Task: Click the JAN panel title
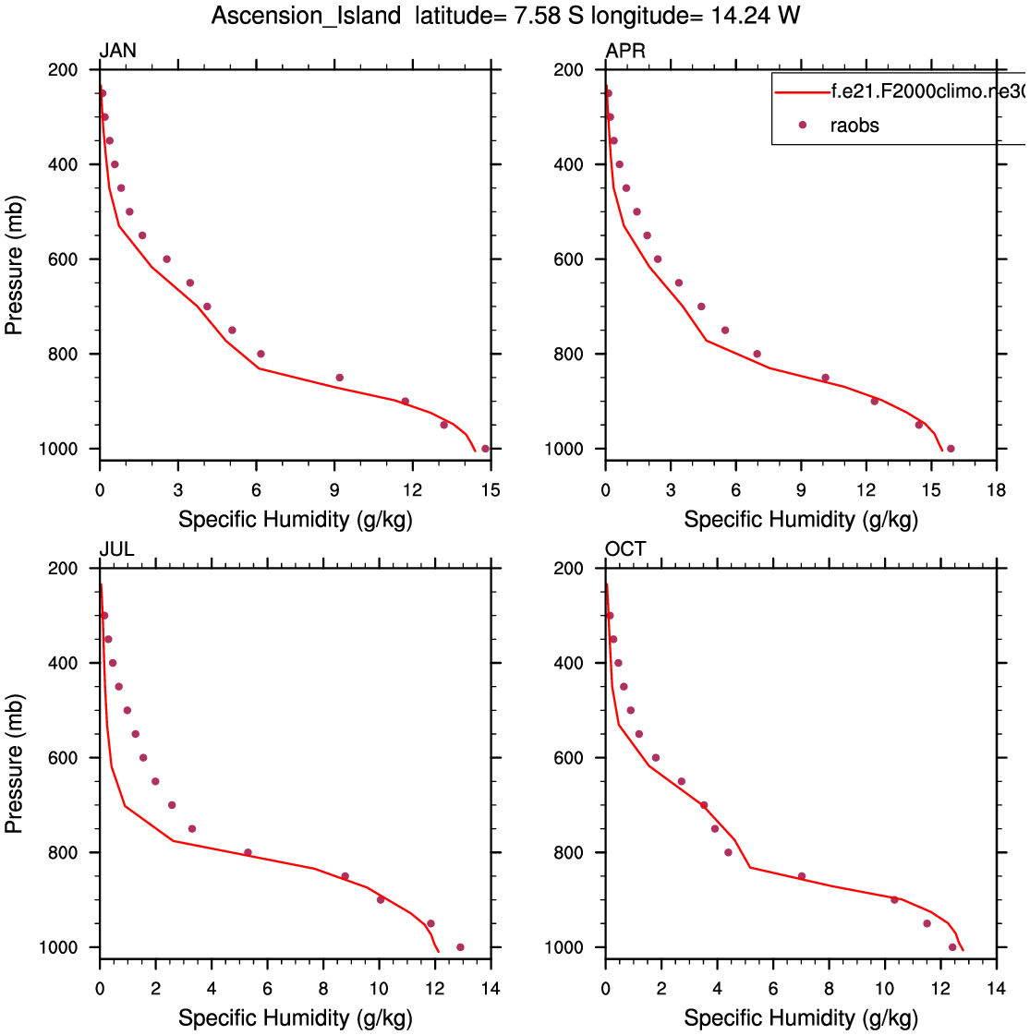(117, 51)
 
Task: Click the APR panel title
(625, 51)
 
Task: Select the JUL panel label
(116, 549)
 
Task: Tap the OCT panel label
(625, 549)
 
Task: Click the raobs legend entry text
(854, 126)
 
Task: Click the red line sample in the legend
(802, 92)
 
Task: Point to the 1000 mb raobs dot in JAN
(485, 449)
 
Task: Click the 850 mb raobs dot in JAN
(339, 378)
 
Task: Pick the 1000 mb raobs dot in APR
(951, 449)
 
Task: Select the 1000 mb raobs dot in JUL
(460, 947)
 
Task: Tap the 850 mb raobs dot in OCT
(801, 876)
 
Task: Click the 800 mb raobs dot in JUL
(248, 852)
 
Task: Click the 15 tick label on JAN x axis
(491, 490)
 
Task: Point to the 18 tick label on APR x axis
(996, 490)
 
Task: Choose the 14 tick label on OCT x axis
(996, 989)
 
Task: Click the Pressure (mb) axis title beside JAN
(15, 265)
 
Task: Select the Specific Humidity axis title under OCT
(801, 1017)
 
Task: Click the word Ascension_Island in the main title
(306, 16)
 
